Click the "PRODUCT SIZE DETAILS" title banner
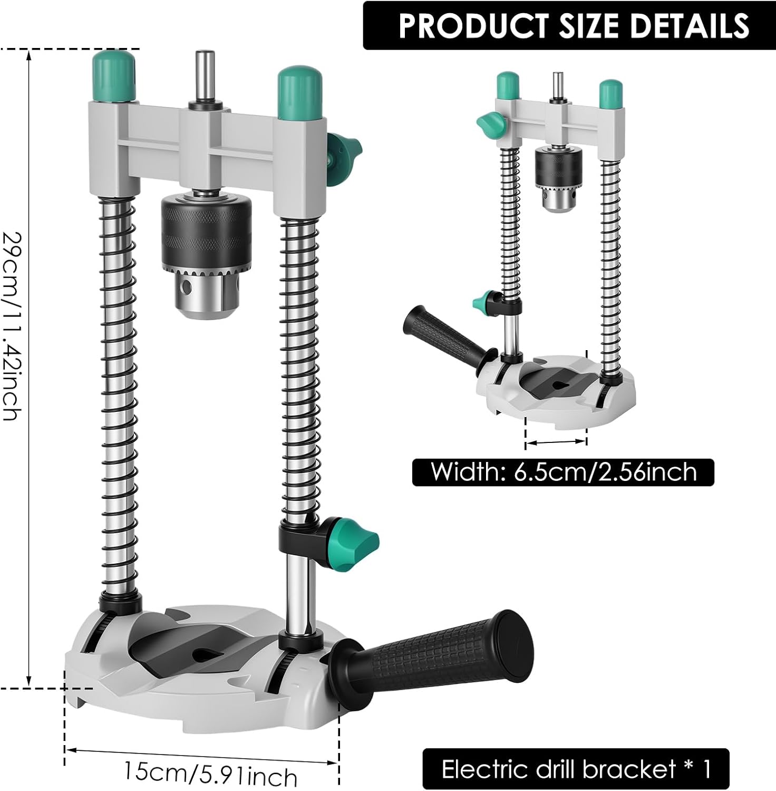(569, 25)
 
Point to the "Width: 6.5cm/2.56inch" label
(563, 472)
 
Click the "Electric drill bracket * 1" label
(576, 769)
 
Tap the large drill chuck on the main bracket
(206, 253)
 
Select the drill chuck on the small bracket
(558, 179)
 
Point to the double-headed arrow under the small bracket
(556, 442)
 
